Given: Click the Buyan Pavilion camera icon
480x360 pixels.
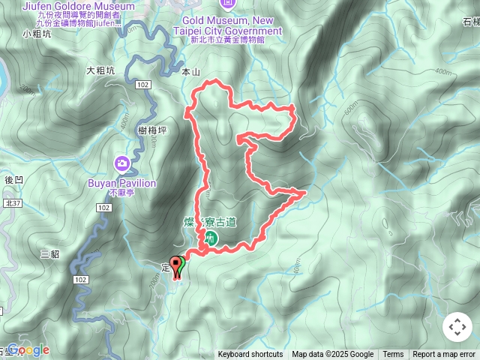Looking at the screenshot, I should (121, 163).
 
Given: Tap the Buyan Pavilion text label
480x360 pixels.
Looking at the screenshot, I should (121, 183).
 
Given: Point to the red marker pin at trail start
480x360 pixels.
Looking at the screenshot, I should (177, 266).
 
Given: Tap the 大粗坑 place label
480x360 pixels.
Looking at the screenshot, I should (100, 70).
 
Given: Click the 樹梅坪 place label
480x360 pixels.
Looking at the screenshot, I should (152, 130).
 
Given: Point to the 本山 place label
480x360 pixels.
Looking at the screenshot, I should (192, 73).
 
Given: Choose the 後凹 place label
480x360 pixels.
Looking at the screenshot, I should (14, 180).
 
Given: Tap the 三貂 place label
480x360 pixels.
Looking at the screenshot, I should (50, 254).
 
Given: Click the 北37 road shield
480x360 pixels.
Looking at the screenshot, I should (13, 203).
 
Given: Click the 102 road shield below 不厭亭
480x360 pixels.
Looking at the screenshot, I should (104, 207).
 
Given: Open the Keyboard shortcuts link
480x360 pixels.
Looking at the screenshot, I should (250, 355).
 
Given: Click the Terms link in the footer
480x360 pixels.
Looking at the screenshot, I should (393, 355).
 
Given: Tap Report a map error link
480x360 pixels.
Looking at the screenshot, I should (445, 355).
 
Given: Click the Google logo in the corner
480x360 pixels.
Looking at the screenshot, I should (28, 350).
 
